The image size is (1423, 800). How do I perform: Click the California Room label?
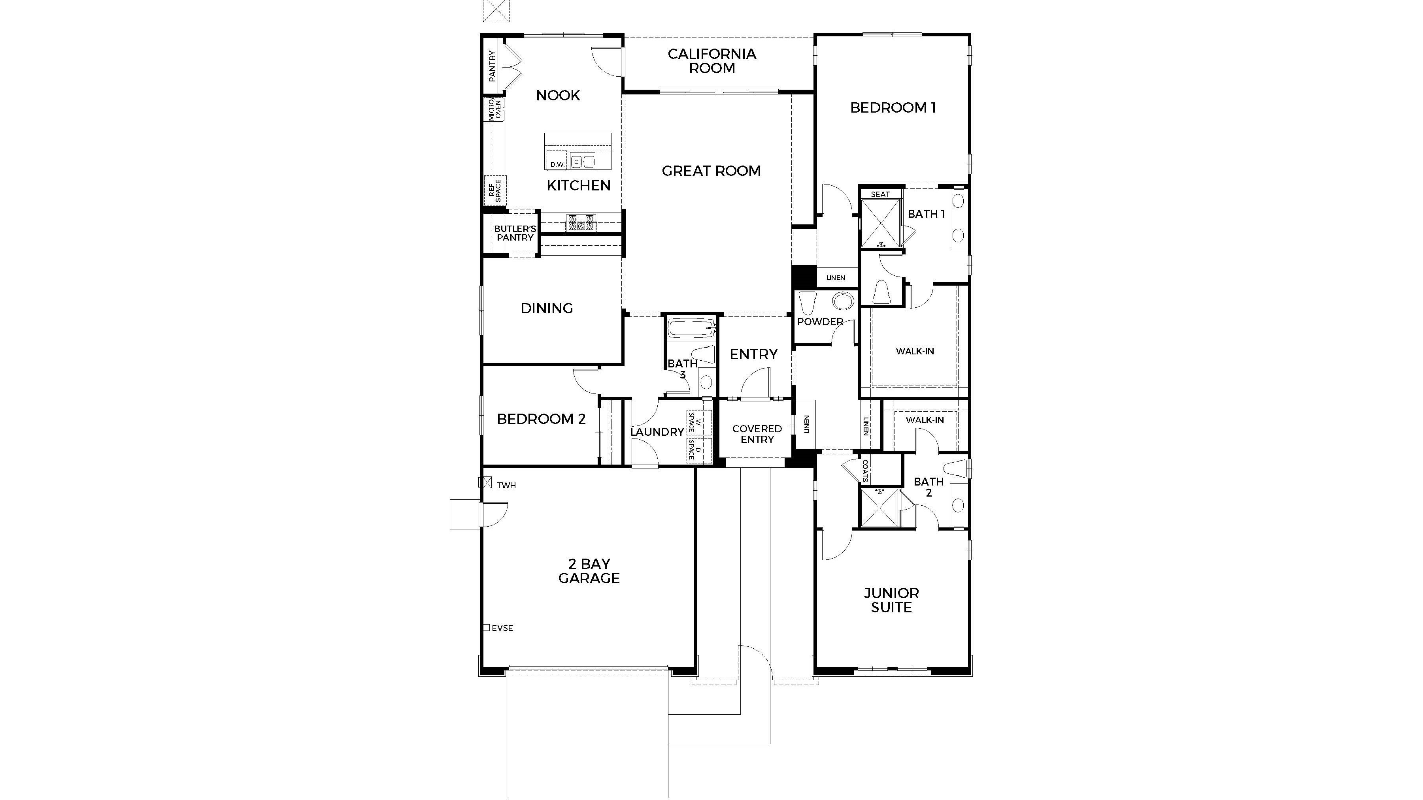coord(711,61)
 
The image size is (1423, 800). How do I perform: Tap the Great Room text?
coord(711,171)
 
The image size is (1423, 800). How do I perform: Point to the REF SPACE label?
coord(494,190)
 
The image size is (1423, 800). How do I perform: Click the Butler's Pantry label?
coord(515,233)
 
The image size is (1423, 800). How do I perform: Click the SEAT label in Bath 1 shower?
coord(880,194)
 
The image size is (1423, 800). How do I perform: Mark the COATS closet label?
coord(865,471)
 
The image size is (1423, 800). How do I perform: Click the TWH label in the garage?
coord(506,485)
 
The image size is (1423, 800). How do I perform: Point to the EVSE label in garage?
coord(502,628)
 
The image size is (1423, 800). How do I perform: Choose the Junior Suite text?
coord(891,600)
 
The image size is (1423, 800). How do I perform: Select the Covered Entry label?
coord(757,434)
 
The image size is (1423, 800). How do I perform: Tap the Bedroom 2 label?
coord(541,419)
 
